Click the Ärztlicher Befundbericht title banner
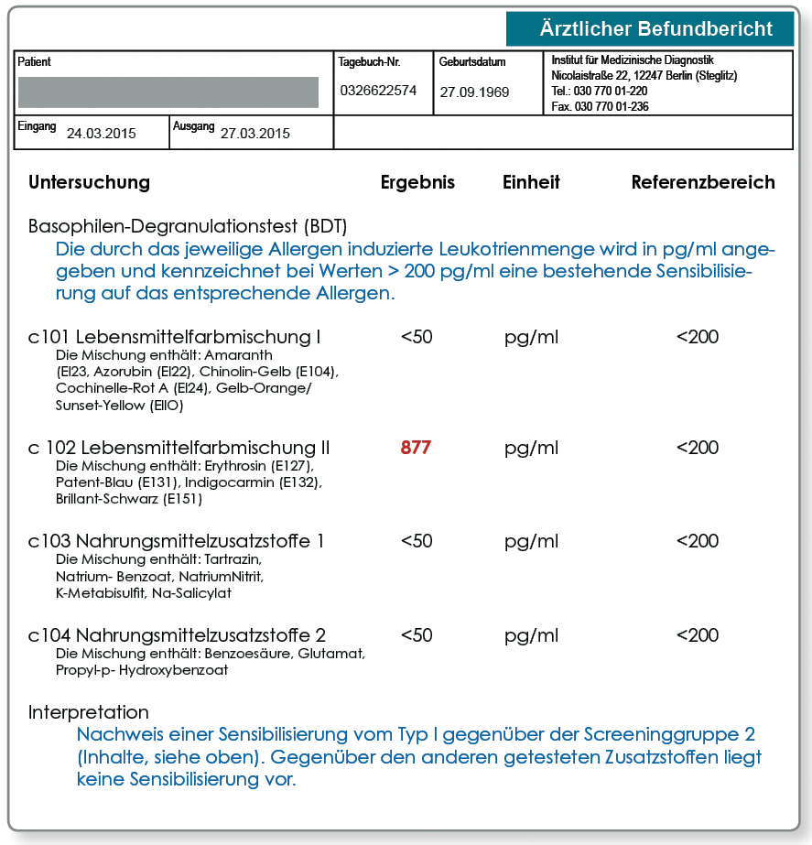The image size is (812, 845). coord(650,29)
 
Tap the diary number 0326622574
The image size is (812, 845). coord(378,91)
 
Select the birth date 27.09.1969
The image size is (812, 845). coord(474,92)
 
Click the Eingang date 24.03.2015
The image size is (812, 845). coord(101,134)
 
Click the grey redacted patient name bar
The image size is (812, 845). coord(168,92)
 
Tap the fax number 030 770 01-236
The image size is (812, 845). coord(601,106)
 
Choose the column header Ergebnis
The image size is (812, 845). coord(417,182)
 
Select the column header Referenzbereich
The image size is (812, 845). coord(703,182)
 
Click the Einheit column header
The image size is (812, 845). coord(531,182)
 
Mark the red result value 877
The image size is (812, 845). coord(416,449)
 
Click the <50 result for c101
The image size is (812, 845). coord(417,337)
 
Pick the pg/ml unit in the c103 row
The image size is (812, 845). coord(531,541)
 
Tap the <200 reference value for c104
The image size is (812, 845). coord(698,635)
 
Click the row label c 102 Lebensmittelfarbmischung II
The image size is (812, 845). coord(179,449)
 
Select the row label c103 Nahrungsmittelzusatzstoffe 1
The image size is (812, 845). coord(177,541)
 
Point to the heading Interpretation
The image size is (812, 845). coord(89,712)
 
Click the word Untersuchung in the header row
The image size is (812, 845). coord(89,182)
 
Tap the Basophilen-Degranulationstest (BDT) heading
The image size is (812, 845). coord(188,226)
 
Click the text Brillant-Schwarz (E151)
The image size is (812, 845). coord(129,499)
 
